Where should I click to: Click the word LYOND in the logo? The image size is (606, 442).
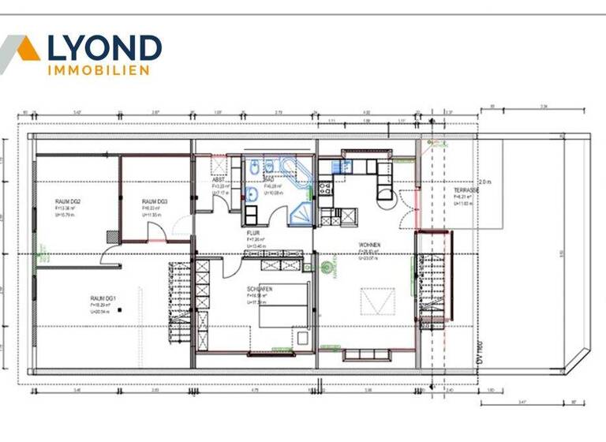105,48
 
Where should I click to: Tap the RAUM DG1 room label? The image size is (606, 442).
103,298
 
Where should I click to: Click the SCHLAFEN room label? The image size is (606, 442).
260,289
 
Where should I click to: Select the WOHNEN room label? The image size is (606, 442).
369,245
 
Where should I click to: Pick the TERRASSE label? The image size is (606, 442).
469,190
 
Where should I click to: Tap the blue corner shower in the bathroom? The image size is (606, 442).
299,208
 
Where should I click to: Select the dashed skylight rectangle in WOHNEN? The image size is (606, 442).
370,301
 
